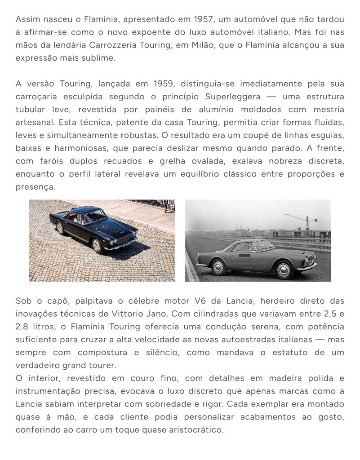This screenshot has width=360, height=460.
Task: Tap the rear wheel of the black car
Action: click(60, 228)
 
